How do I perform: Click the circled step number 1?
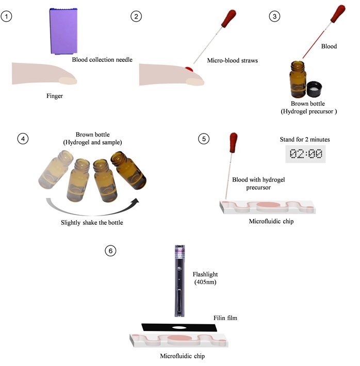[x=6, y=16]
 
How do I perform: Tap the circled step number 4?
[x=22, y=139]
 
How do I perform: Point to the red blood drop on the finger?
[x=189, y=69]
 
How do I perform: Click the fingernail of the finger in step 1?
[x=69, y=80]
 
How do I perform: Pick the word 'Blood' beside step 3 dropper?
[x=329, y=46]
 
